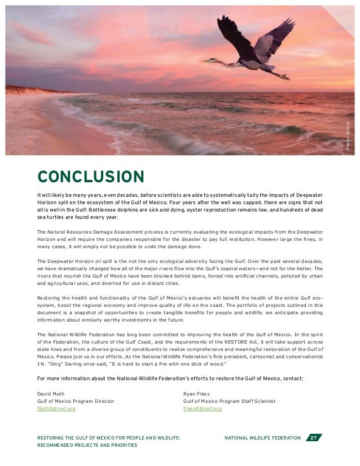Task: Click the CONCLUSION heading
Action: click(x=90, y=176)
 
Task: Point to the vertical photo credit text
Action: click(x=348, y=135)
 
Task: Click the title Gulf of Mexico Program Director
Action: click(x=76, y=401)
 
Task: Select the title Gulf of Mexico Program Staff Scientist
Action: click(x=230, y=401)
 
